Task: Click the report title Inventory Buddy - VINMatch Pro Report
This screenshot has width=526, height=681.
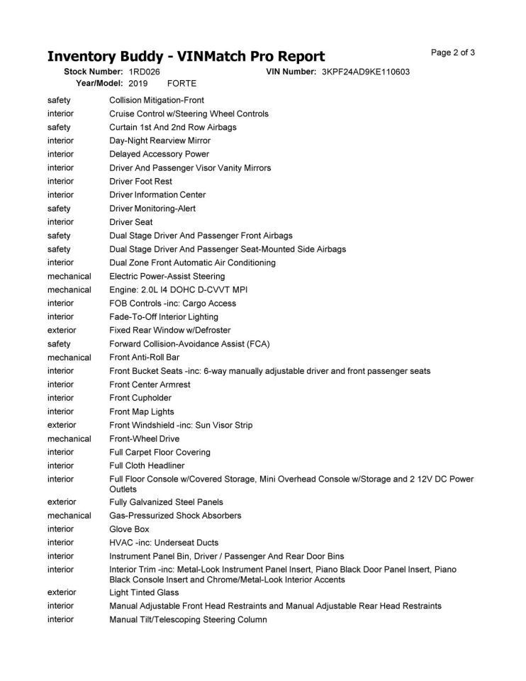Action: pyautogui.click(x=186, y=56)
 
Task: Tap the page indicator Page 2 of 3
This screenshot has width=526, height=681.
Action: pyautogui.click(x=453, y=52)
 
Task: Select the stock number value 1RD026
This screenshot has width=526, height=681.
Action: pyautogui.click(x=145, y=72)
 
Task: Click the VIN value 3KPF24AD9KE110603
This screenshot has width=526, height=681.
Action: pyautogui.click(x=366, y=72)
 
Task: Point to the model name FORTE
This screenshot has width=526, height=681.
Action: pyautogui.click(x=181, y=83)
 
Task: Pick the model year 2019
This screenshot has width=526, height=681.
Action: pyautogui.click(x=138, y=83)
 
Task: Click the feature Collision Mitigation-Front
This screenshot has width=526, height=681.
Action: pyautogui.click(x=157, y=101)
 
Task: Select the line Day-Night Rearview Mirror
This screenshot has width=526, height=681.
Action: pyautogui.click(x=160, y=141)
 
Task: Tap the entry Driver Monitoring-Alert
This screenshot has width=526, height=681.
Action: pyautogui.click(x=152, y=209)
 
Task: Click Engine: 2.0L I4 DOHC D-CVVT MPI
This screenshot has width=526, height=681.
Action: pyautogui.click(x=178, y=289)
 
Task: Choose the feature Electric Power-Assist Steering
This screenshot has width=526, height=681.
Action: pyautogui.click(x=167, y=276)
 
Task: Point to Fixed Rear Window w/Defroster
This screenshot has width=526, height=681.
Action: pyautogui.click(x=169, y=331)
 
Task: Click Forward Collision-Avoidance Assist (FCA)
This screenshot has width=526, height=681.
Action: pyautogui.click(x=189, y=344)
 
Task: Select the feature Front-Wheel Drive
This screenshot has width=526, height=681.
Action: pyautogui.click(x=145, y=439)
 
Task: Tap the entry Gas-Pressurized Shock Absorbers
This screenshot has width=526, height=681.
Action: pyautogui.click(x=175, y=516)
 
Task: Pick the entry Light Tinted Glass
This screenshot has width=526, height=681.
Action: pyautogui.click(x=144, y=592)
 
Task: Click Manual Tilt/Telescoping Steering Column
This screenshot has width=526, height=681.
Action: pyautogui.click(x=188, y=620)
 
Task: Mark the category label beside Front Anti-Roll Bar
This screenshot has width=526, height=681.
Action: pyautogui.click(x=69, y=358)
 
